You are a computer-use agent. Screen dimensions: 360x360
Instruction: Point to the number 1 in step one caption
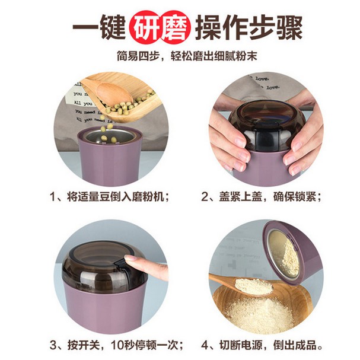(x=53, y=197)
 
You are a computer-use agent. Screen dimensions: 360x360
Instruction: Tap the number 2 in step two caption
(x=205, y=197)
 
